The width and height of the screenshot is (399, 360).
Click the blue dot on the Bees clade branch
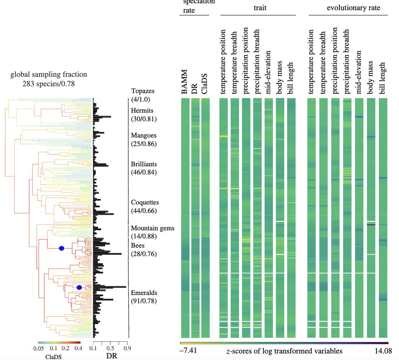(x=61, y=248)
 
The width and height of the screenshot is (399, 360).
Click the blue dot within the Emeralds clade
(x=79, y=288)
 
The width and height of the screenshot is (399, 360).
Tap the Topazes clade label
(x=143, y=91)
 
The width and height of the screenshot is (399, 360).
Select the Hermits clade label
(x=142, y=111)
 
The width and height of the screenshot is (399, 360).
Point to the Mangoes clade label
(x=144, y=135)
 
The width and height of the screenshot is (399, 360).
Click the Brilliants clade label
(x=144, y=164)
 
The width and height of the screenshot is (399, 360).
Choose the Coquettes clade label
(x=145, y=203)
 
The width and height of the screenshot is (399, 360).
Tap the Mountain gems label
(x=153, y=228)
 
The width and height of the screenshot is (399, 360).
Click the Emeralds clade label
(x=144, y=293)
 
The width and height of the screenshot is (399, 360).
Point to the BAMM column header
(x=185, y=82)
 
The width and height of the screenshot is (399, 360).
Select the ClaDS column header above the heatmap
(x=205, y=84)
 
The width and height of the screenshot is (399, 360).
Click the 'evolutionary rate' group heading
(x=353, y=8)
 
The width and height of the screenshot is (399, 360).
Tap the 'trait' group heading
(x=260, y=8)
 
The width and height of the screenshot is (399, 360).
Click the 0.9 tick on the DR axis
(x=127, y=348)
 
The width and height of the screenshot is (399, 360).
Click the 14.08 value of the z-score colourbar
(x=382, y=351)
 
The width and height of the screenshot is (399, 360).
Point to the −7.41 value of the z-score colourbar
(x=189, y=350)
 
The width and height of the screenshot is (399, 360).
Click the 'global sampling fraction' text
(x=49, y=74)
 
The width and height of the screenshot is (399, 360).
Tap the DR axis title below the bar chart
(x=112, y=356)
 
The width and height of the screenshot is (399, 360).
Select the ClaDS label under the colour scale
(x=53, y=357)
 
